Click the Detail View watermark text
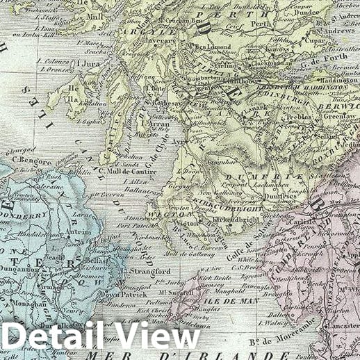(101, 335)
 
